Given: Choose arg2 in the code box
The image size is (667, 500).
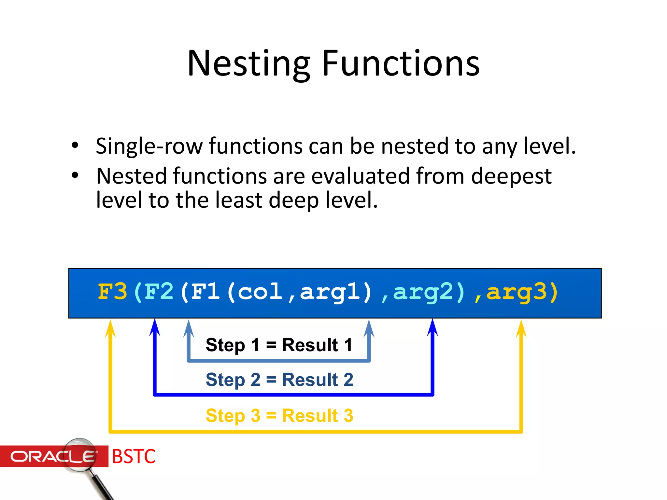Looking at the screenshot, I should coord(423,292).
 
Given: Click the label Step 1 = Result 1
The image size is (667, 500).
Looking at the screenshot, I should coord(279,345).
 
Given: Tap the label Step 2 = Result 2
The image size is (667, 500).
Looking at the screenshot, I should coord(279,380).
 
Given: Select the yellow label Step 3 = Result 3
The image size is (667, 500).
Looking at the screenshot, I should coord(279,415).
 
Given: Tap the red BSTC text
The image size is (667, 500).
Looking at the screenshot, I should coord(134,456).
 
